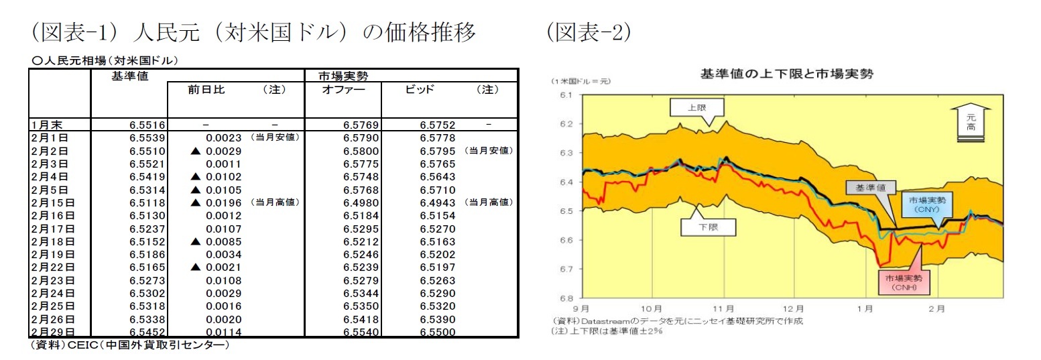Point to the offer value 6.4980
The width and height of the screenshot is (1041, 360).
click(361, 202)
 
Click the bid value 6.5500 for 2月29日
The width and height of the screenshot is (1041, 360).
click(438, 332)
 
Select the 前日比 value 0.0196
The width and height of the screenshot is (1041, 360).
click(219, 202)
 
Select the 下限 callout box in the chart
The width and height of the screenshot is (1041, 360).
click(708, 227)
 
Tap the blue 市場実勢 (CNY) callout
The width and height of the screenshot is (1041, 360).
click(928, 204)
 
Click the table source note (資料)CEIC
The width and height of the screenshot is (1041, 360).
click(129, 345)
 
